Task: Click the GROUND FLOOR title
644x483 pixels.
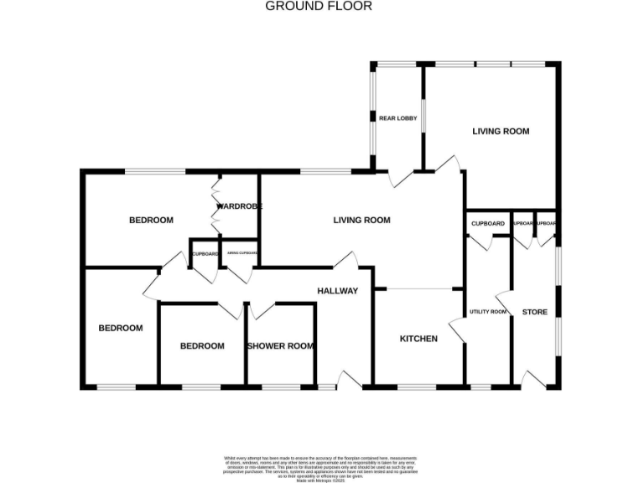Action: click(x=319, y=6)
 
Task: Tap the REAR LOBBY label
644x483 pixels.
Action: click(x=397, y=118)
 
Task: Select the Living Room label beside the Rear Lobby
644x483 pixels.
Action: click(x=501, y=132)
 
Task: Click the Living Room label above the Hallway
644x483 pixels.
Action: click(x=362, y=221)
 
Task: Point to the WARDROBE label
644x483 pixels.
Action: click(x=240, y=206)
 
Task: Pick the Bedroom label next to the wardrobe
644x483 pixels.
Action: click(x=151, y=221)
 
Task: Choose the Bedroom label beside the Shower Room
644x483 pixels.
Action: click(x=202, y=346)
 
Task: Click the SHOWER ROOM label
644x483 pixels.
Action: click(x=280, y=346)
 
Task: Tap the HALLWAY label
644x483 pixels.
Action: click(x=337, y=291)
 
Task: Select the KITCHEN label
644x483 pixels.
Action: click(x=418, y=339)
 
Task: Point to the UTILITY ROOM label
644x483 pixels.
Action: click(x=488, y=312)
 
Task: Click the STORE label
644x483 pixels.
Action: click(x=534, y=312)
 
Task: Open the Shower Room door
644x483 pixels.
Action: click(x=261, y=309)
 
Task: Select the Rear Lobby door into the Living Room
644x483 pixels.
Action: click(x=401, y=177)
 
